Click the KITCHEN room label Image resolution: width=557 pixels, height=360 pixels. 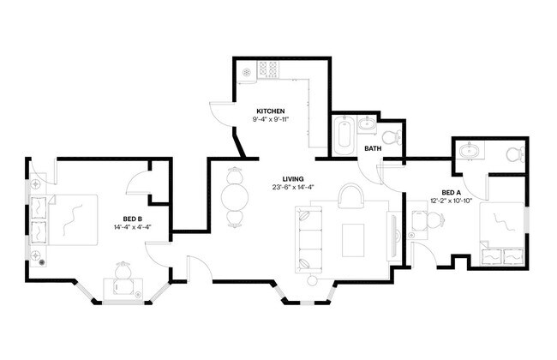click(272, 111)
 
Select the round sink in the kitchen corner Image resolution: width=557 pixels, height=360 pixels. click(246, 73)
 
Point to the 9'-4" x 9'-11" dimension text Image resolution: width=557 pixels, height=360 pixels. click(272, 120)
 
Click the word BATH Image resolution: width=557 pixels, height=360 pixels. click(373, 148)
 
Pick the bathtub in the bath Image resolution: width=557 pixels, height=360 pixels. click(344, 137)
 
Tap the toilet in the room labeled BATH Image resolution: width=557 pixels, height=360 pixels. click(391, 136)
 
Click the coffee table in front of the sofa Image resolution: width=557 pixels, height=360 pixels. click(354, 239)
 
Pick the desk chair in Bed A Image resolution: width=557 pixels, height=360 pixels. click(422, 221)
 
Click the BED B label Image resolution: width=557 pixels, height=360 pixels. click(131, 219)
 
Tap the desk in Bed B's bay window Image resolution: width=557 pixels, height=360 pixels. click(123, 291)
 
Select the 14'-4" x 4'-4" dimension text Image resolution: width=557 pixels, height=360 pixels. click(131, 227)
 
